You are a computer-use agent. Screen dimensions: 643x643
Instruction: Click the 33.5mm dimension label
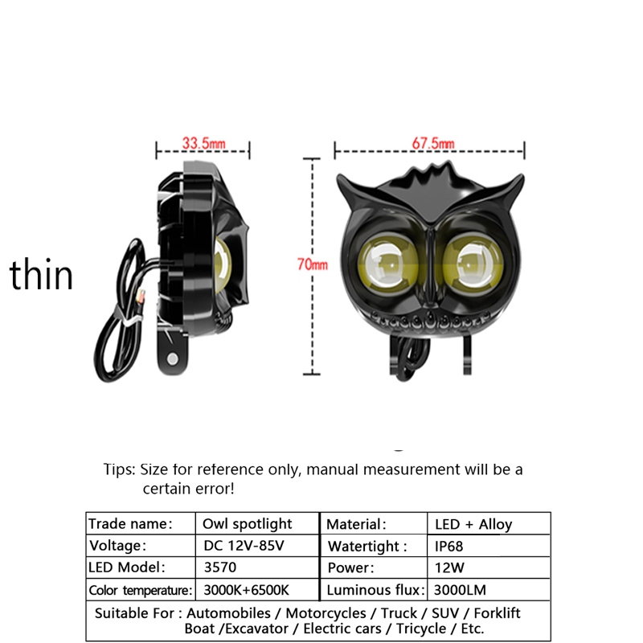click(x=203, y=143)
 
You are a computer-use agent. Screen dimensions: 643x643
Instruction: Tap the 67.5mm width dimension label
click(x=433, y=143)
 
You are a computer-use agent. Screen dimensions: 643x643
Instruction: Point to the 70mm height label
click(x=313, y=264)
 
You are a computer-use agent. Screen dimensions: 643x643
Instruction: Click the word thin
click(x=41, y=275)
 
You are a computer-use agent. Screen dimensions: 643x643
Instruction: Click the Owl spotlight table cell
click(x=247, y=524)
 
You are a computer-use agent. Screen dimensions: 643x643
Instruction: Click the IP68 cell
click(x=448, y=547)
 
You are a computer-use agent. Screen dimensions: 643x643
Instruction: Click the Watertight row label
click(x=363, y=547)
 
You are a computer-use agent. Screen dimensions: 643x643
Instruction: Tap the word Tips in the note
click(x=119, y=469)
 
